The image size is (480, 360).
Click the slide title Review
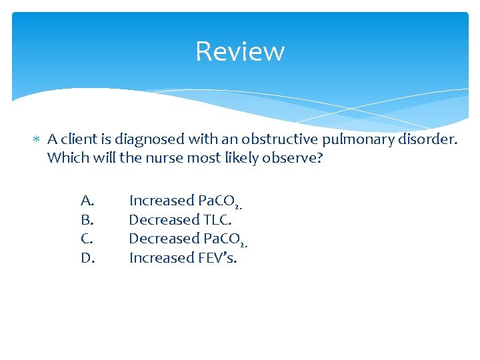[240, 51]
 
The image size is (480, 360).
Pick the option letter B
[87, 219]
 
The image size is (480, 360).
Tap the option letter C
[87, 239]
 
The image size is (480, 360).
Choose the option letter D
[88, 257]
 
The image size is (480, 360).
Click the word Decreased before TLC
[164, 219]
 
